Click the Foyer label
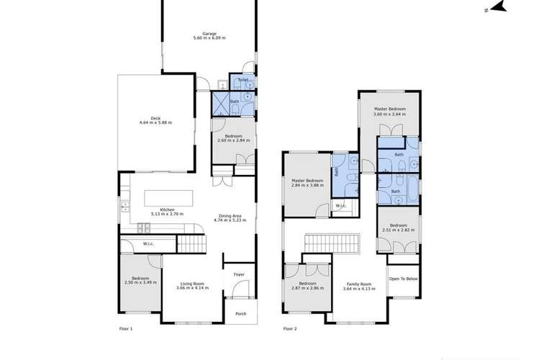coord(239,274)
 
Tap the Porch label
coord(239,312)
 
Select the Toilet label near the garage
coord(234,80)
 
